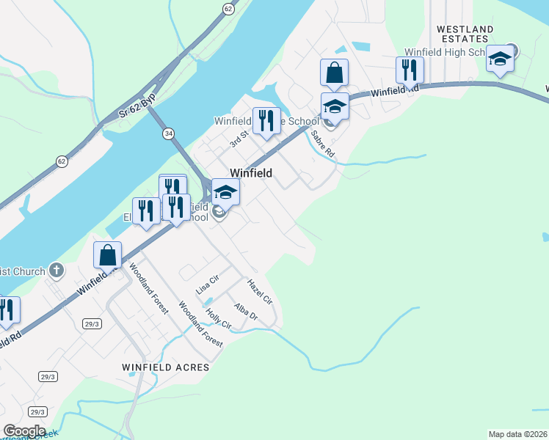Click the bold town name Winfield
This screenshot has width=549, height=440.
point(251,173)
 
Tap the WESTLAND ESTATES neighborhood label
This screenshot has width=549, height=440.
point(463,34)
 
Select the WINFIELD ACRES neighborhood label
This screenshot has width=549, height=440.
point(166,367)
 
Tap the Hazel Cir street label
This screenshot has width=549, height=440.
point(260,291)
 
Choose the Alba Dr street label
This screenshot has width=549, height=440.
point(246,312)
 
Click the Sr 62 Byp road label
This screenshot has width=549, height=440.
point(138,110)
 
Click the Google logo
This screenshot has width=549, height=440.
point(23,431)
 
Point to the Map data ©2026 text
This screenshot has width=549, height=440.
point(517,434)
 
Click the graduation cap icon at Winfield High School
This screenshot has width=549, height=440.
point(500,59)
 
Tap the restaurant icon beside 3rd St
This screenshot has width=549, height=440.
point(266,120)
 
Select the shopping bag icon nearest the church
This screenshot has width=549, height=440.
point(107,255)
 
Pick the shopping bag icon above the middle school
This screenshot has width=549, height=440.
point(334,73)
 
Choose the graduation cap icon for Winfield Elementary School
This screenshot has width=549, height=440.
point(226,192)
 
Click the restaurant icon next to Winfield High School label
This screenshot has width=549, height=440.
point(409,69)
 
